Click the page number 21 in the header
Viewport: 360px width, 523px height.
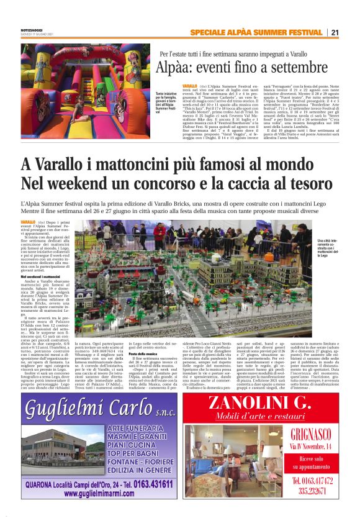tap(335, 32)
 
